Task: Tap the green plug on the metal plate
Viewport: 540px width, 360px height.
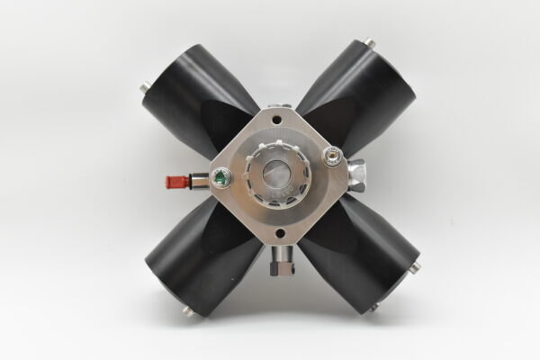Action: pyautogui.click(x=217, y=176)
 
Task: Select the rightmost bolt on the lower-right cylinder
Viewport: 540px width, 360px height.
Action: pyautogui.click(x=415, y=266)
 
